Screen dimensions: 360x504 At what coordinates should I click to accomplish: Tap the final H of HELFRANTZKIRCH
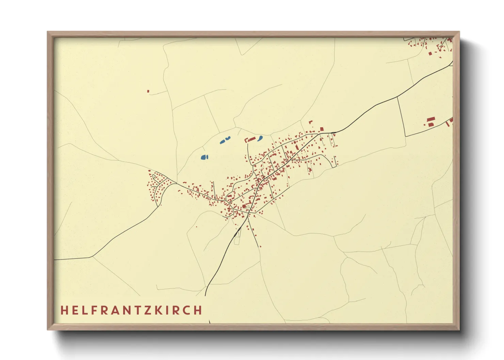point(198,310)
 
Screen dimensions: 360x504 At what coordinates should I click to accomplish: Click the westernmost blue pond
point(204,157)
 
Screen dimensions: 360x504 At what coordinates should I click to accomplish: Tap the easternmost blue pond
point(260,138)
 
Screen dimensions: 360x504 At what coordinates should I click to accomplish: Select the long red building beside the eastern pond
point(252,139)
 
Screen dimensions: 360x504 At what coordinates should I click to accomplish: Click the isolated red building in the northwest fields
point(148,91)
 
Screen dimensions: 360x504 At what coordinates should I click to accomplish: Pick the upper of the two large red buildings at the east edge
point(431,119)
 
